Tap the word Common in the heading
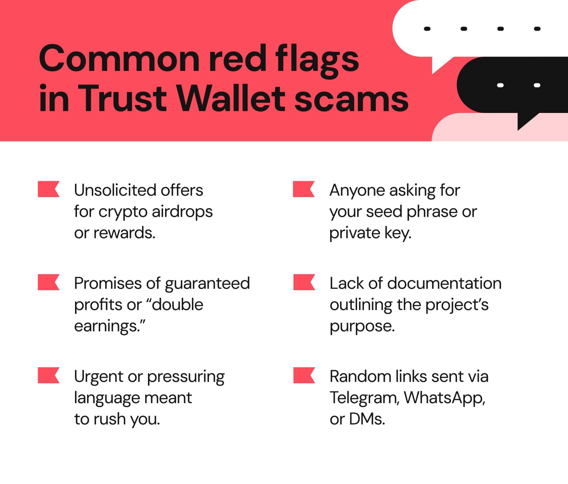coord(120,59)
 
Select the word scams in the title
coord(351,99)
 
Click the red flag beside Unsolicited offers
coord(48,189)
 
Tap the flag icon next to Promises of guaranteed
coord(48,282)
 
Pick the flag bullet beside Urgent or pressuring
coord(48,375)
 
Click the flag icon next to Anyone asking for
coord(303,189)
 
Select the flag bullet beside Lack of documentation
coord(304,282)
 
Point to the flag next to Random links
coord(304,375)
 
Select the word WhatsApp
coord(444,398)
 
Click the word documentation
coord(444,284)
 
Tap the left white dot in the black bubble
coord(500,85)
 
